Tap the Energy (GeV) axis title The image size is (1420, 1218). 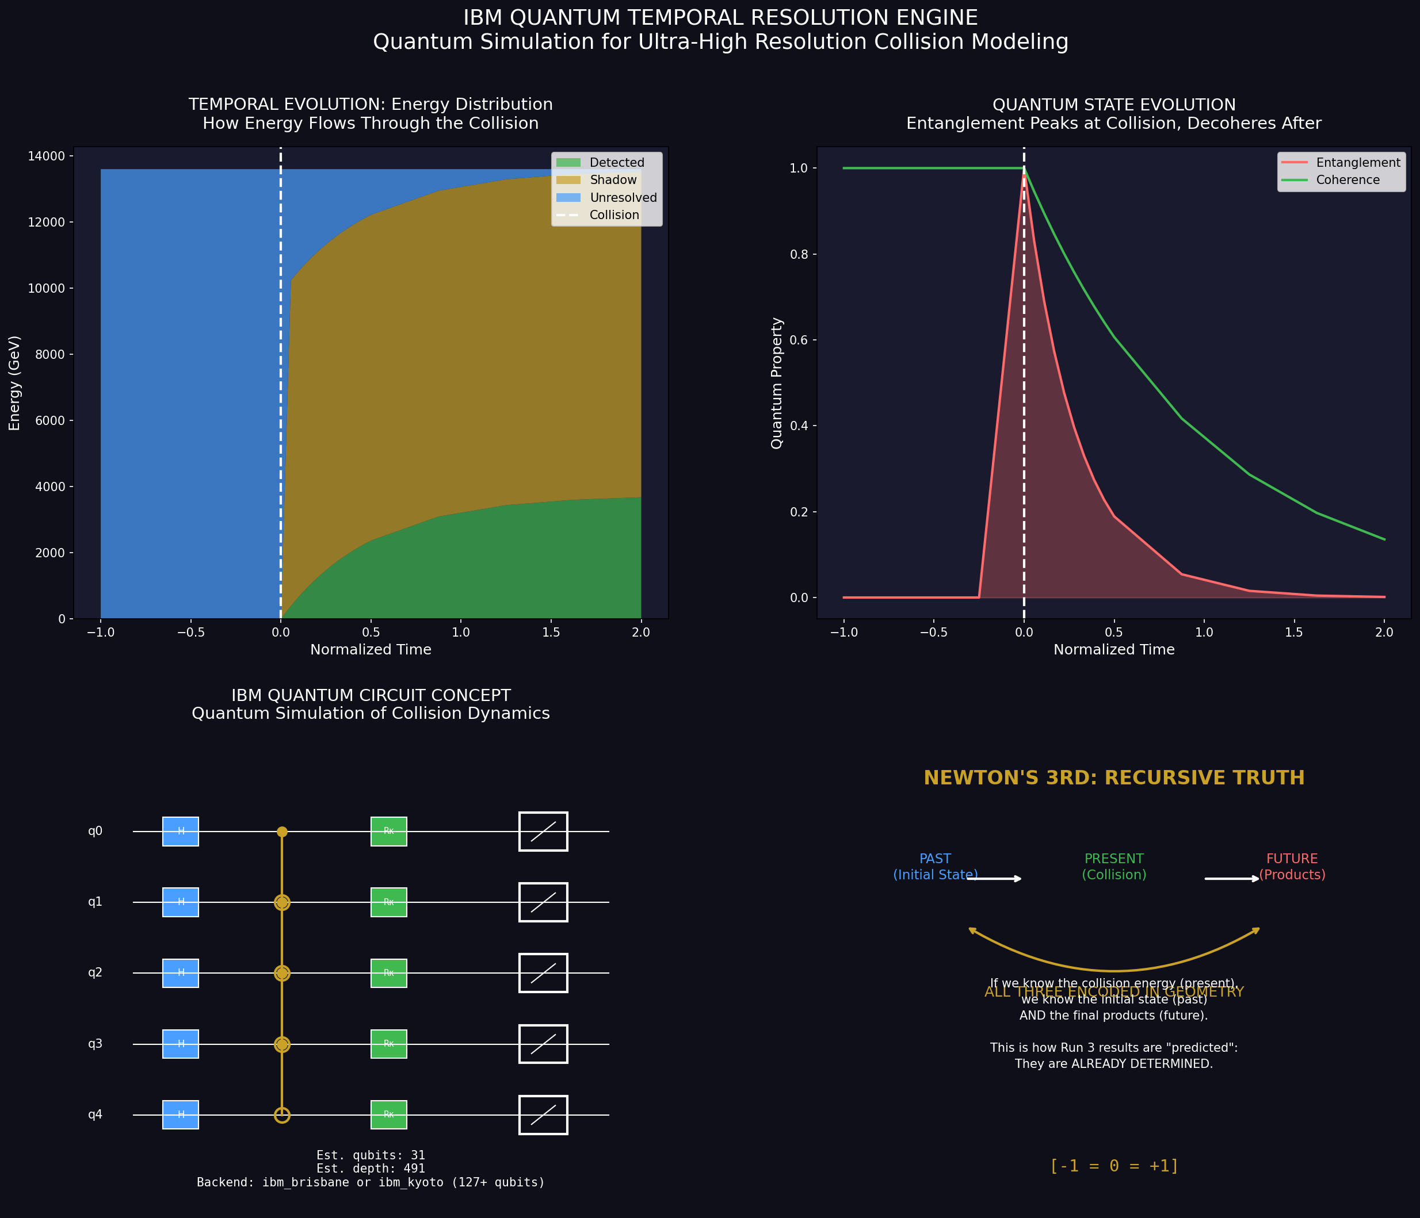[x=15, y=383]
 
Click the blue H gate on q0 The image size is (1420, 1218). [x=180, y=832]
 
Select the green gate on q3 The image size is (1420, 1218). [x=388, y=1044]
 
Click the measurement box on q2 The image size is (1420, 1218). [x=543, y=973]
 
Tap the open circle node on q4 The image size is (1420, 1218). [x=282, y=1115]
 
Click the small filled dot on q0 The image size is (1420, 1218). [x=282, y=832]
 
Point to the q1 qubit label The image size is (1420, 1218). [x=96, y=902]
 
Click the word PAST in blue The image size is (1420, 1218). [x=935, y=859]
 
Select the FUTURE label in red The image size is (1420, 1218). [x=1292, y=859]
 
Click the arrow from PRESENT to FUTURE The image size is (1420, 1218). [x=1231, y=879]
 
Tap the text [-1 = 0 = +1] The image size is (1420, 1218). [x=1114, y=1166]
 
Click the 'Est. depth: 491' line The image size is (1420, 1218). [x=371, y=1169]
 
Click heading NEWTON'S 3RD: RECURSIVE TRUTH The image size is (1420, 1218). [x=1114, y=778]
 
